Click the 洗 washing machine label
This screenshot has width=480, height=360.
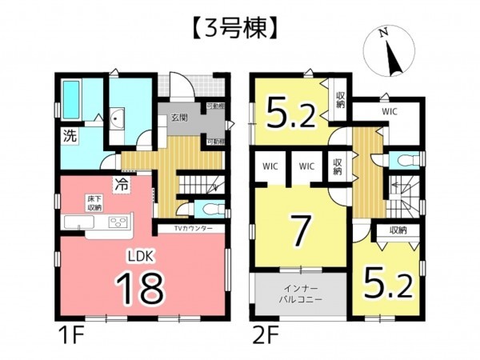tap(70, 136)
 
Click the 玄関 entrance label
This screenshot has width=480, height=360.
tap(179, 118)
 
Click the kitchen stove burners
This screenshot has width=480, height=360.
tap(118, 222)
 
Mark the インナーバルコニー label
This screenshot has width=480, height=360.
tap(298, 296)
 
